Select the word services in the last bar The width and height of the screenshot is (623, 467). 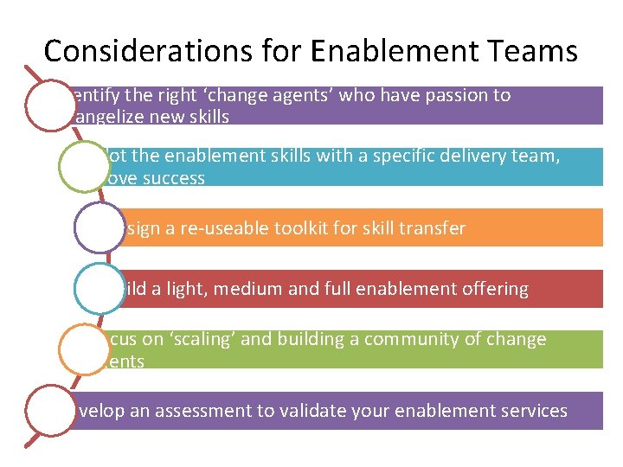(531, 411)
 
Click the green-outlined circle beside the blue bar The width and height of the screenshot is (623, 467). (85, 167)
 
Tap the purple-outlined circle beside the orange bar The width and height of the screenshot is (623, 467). (100, 228)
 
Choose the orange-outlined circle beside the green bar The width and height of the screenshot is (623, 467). (85, 350)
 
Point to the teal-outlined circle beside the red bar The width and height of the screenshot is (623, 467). (100, 289)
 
